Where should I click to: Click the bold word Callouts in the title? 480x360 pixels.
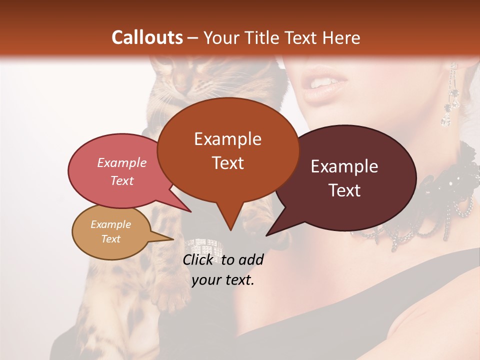click(x=147, y=37)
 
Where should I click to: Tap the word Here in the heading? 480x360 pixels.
click(x=342, y=37)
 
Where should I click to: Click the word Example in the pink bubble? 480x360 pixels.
click(x=122, y=162)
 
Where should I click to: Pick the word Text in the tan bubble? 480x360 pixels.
click(x=111, y=239)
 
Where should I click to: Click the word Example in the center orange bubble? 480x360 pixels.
click(x=227, y=139)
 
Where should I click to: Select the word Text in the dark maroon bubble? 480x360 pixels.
click(x=345, y=190)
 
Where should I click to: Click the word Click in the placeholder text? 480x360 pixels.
click(x=198, y=259)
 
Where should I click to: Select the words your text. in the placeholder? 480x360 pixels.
click(x=223, y=280)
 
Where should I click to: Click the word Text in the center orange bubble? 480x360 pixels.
click(x=227, y=163)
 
